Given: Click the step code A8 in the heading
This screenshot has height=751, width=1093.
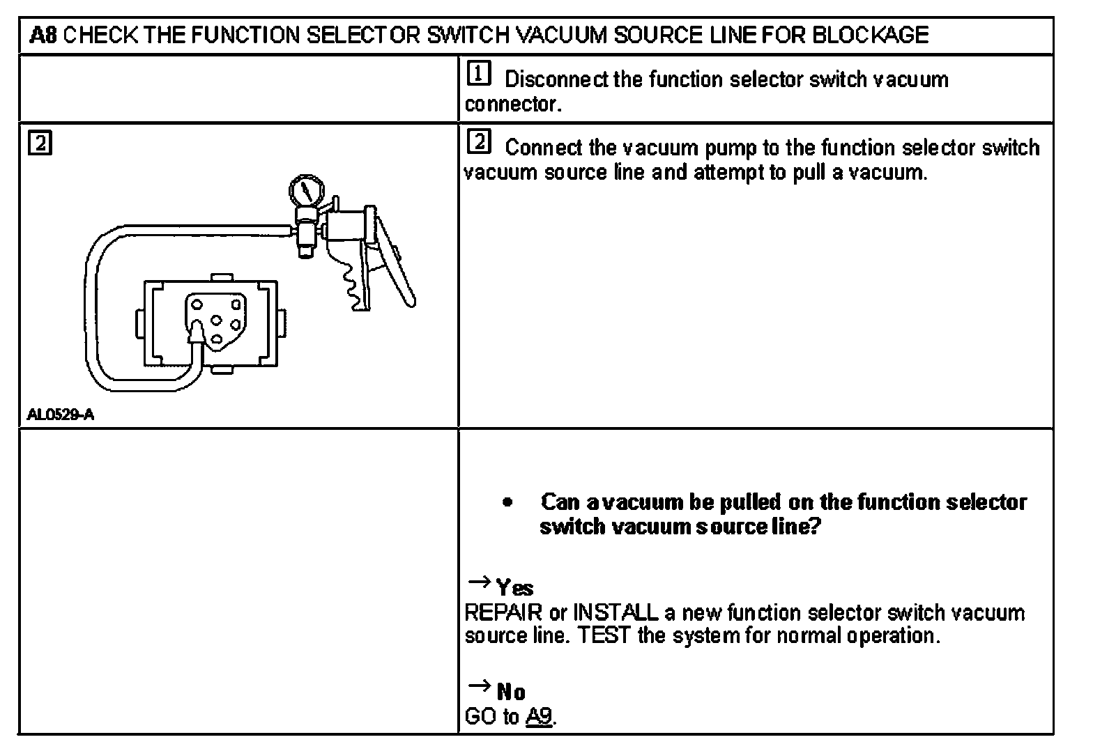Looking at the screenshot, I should click(x=43, y=35).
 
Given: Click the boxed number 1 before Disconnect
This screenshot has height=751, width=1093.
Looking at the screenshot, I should click(x=479, y=74).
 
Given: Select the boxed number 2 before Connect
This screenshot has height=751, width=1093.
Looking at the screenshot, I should click(x=479, y=142).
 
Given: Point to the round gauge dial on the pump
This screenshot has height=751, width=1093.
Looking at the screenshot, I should click(x=304, y=190).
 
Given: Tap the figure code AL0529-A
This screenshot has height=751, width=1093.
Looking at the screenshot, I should click(x=60, y=416).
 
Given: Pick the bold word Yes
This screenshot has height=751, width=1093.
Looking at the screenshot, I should click(x=515, y=588).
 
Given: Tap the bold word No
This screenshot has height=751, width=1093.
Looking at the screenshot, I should click(x=511, y=692).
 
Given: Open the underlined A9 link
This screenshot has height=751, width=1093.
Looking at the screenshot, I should click(x=540, y=717).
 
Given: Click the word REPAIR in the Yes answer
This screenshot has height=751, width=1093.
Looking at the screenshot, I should click(x=503, y=613).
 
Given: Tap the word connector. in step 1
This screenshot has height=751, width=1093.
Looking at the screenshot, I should click(x=512, y=104).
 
